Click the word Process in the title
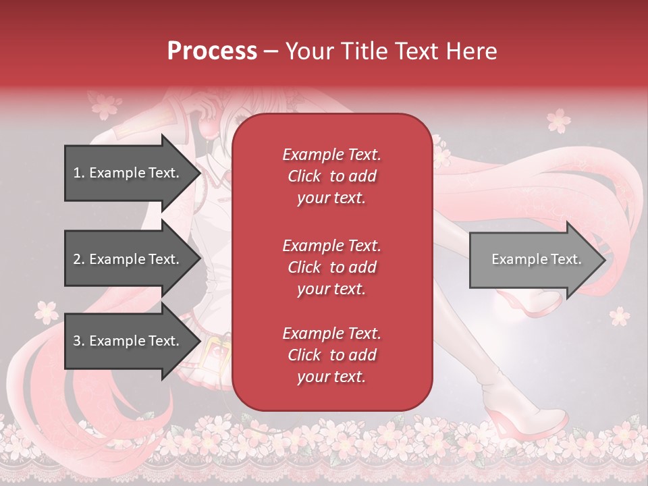(212, 51)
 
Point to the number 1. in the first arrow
(79, 173)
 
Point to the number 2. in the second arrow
(79, 259)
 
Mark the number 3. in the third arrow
(79, 341)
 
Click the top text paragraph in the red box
(331, 176)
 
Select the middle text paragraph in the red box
(331, 267)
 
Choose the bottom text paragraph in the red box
(331, 355)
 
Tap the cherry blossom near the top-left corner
(105, 106)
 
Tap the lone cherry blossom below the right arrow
(618, 315)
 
